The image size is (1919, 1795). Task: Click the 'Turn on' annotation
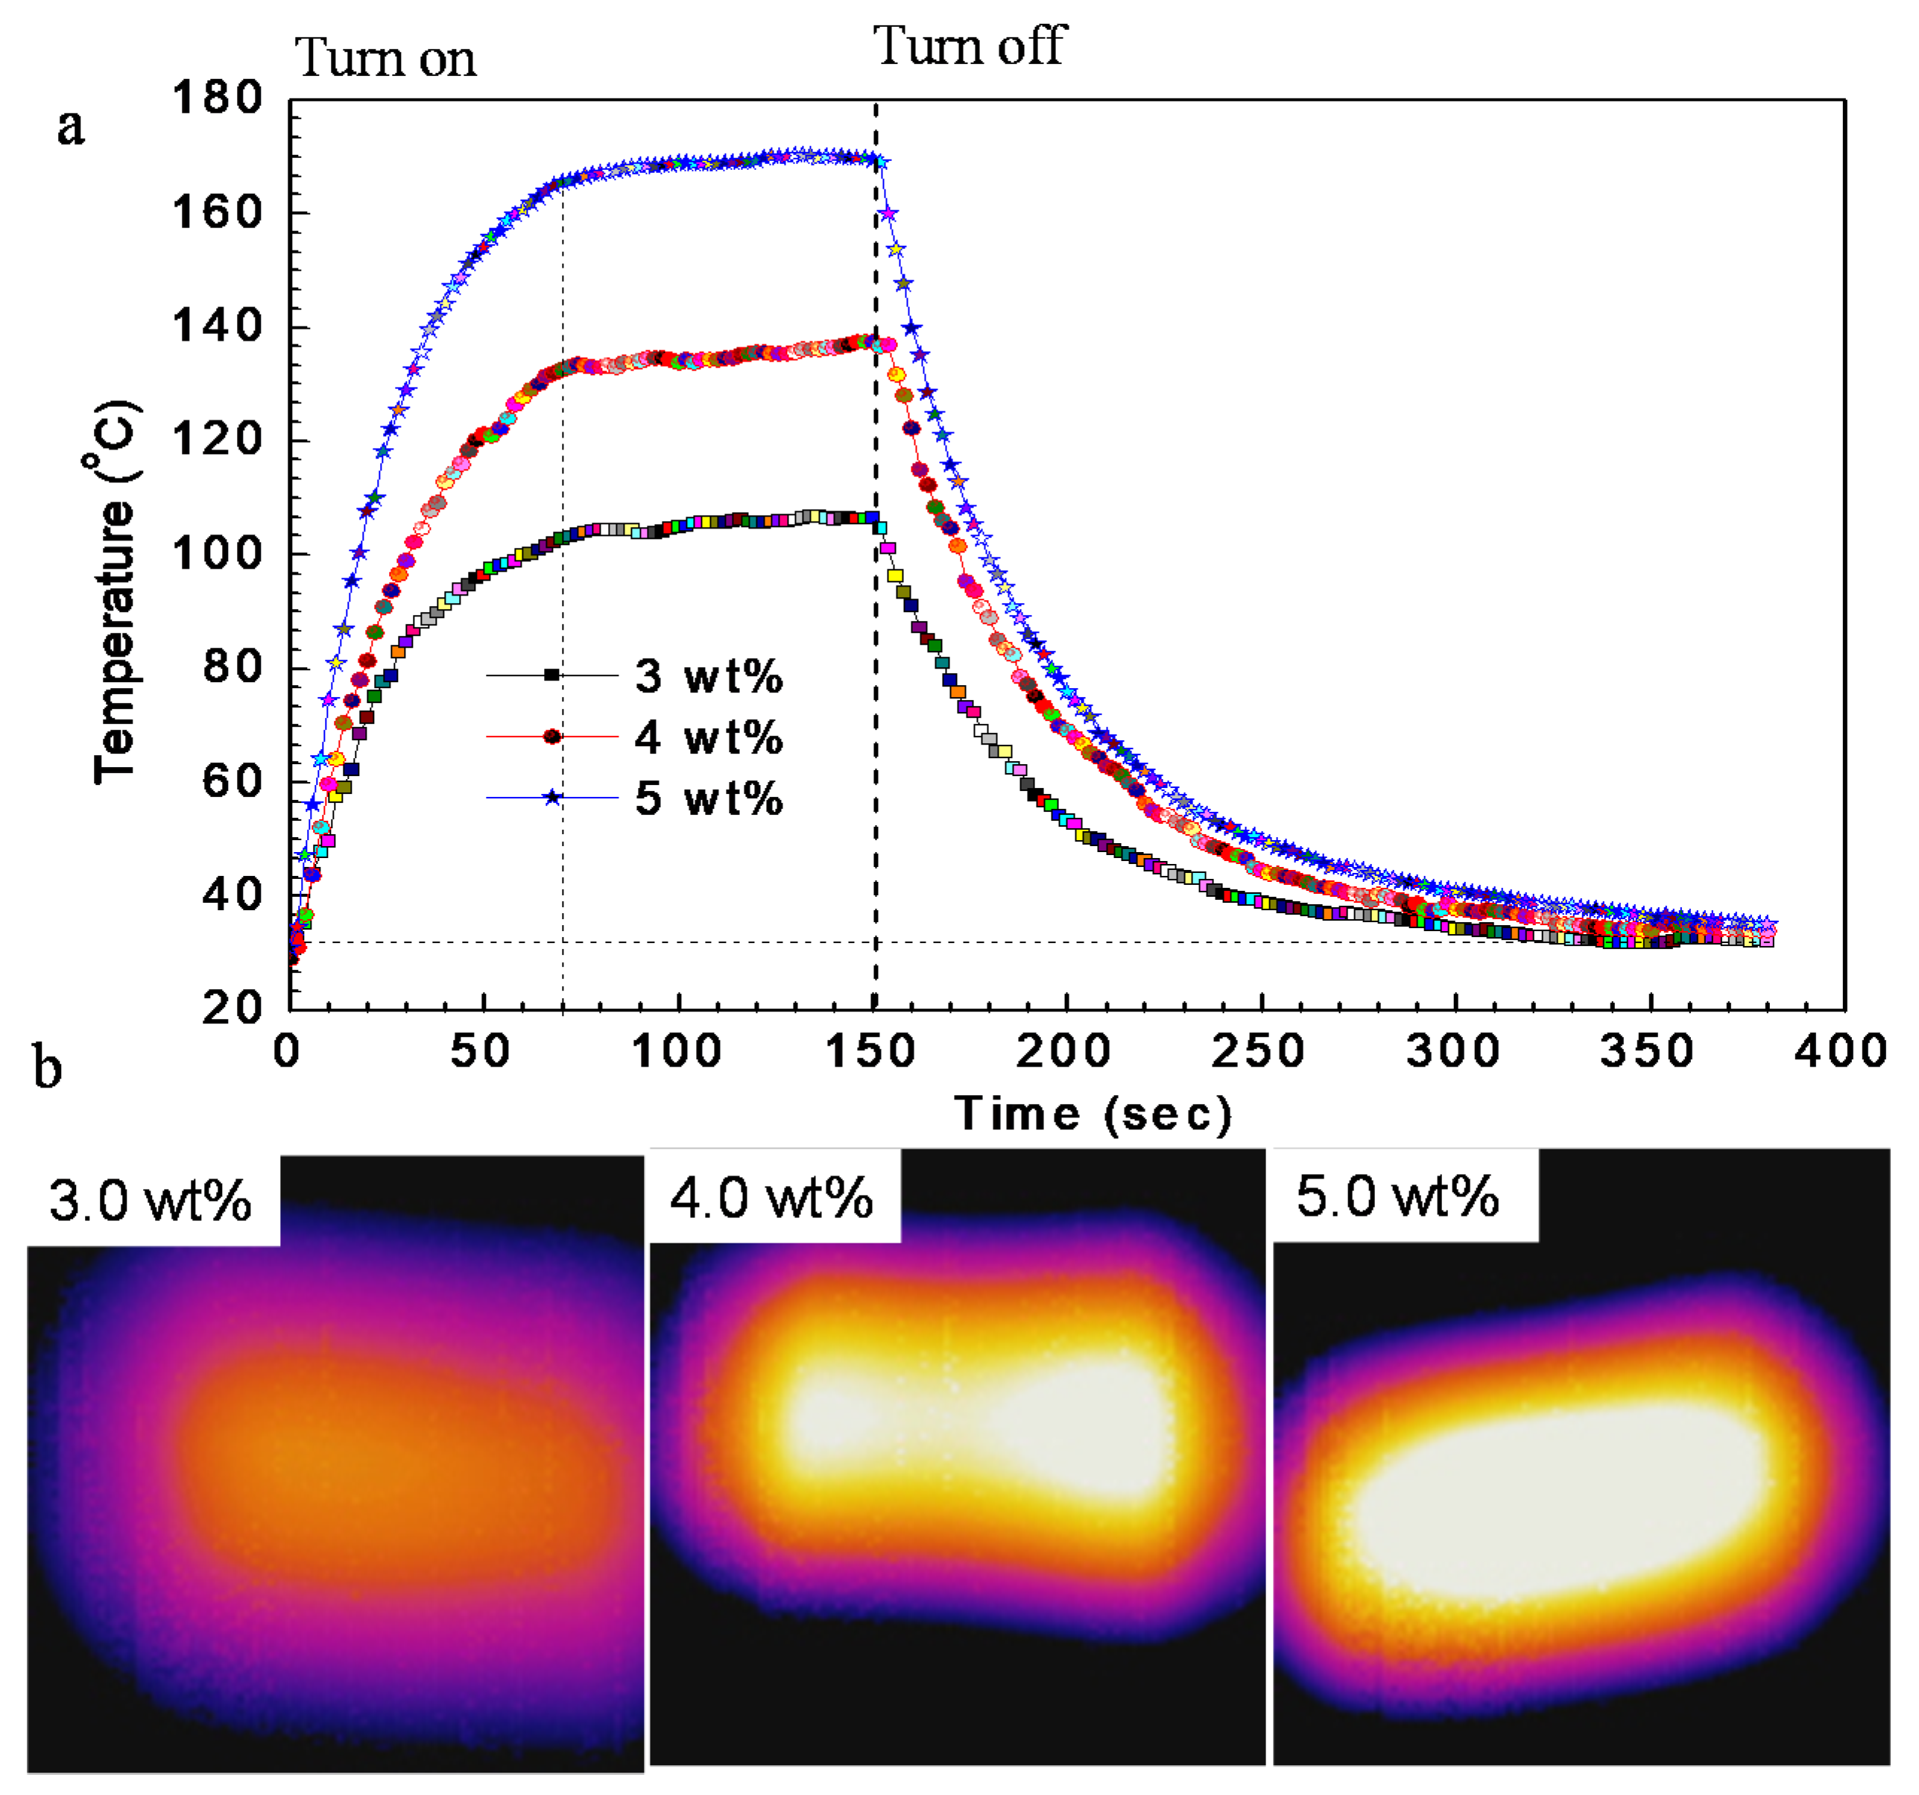385,58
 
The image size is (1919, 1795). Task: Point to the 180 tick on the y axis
217,98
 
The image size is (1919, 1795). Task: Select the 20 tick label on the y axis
232,1008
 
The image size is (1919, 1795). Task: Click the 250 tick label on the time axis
1259,1050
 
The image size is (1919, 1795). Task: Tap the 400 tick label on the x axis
1841,1050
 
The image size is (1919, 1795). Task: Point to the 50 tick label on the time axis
481,1050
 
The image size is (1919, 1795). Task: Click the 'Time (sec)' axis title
1093,1114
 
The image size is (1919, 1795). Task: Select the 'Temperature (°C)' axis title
116,591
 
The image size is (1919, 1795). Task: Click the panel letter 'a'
71,127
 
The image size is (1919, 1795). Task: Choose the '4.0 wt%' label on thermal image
771,1198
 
